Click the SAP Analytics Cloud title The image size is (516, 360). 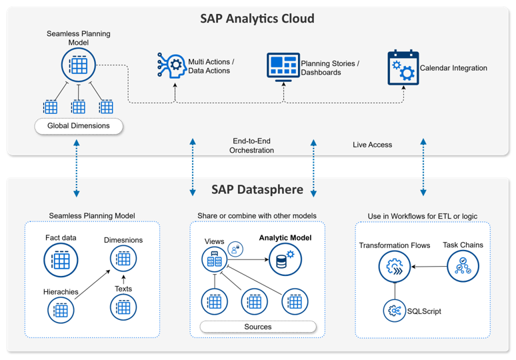coord(257,19)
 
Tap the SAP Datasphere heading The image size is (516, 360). coord(257,190)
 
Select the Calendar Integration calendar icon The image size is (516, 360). coord(403,67)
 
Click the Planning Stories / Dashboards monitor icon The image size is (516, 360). coord(283,67)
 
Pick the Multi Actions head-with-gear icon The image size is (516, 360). coord(171,67)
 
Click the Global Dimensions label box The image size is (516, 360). coord(79,125)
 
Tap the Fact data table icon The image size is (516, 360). coord(61,260)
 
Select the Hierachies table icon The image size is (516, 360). coord(61,310)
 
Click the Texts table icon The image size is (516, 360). coord(123,307)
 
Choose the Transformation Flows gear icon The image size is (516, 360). coord(395,267)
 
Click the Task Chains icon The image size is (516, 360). coord(463,267)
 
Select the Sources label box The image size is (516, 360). coord(258,327)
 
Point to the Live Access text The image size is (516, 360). coord(372,145)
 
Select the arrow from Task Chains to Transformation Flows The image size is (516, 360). coord(429,267)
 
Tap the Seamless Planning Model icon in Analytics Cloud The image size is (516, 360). coord(78,65)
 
